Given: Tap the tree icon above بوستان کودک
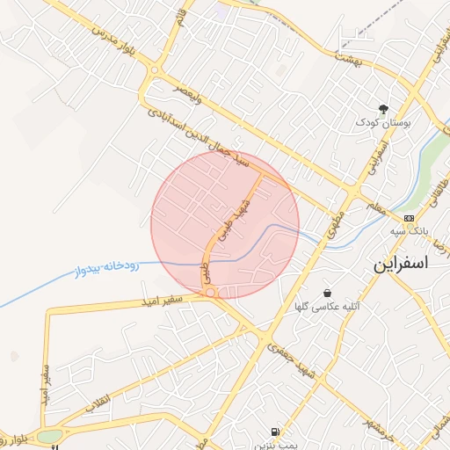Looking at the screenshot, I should coord(383,109).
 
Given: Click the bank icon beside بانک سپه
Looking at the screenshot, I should coord(409,217).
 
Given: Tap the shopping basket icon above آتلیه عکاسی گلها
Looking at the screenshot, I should coord(328,293).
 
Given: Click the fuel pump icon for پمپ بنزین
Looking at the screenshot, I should coord(276,432).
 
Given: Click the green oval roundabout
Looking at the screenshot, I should coord(49,436).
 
